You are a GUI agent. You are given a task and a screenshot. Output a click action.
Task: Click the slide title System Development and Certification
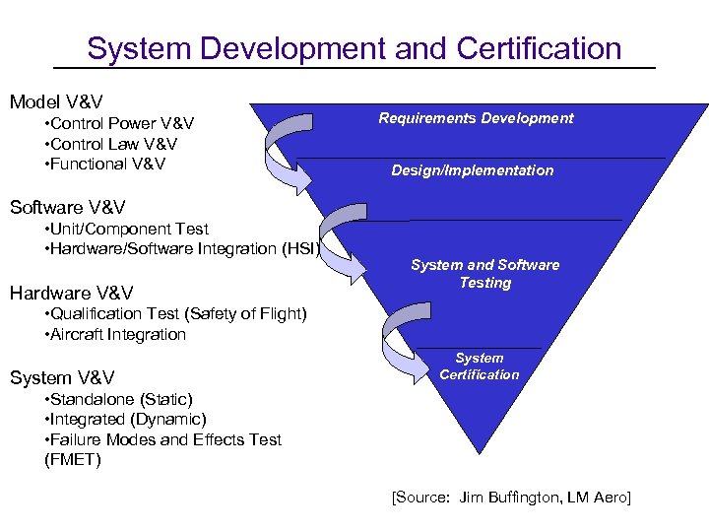(354, 48)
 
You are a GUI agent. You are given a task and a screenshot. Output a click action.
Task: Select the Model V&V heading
(56, 101)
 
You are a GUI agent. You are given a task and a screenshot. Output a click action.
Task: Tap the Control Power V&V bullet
(119, 123)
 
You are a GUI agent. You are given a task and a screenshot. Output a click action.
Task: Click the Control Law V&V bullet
(111, 144)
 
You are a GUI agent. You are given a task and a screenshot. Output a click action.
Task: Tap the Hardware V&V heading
(71, 293)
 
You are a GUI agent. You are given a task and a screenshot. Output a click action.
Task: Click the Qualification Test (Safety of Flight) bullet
(176, 314)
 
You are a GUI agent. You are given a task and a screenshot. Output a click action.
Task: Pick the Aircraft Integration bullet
(115, 334)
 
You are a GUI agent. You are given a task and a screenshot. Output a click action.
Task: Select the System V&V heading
(62, 377)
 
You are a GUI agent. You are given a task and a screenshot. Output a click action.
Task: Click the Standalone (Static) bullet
(119, 399)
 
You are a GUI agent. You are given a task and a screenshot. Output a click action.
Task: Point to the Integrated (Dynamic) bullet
(125, 419)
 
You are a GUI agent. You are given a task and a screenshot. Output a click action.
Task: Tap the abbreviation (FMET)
(73, 459)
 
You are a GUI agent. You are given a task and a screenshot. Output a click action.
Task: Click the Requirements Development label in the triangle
(477, 118)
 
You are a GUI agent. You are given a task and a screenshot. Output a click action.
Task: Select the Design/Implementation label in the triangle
(473, 170)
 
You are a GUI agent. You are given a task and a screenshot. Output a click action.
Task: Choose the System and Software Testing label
(484, 274)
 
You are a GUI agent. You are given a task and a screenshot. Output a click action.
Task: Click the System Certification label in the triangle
(480, 366)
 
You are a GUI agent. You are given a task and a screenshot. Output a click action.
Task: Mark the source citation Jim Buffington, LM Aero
(511, 497)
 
